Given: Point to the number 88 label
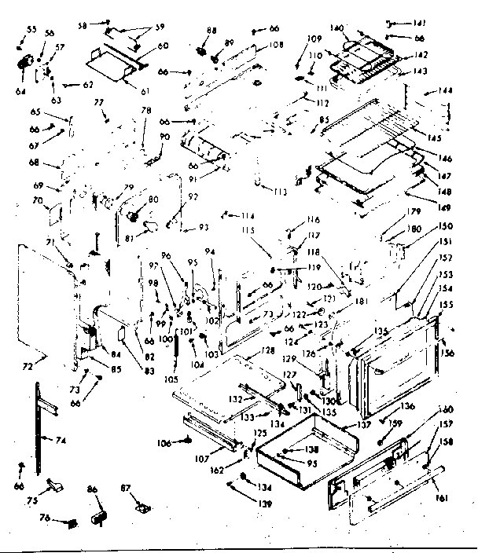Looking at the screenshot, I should (211, 30).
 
